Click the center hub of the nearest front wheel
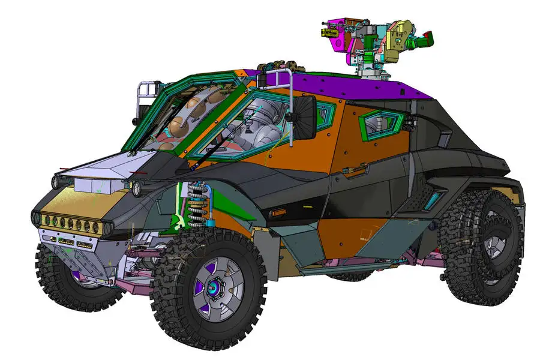pyautogui.click(x=214, y=289)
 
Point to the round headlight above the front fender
pyautogui.click(x=137, y=187)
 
